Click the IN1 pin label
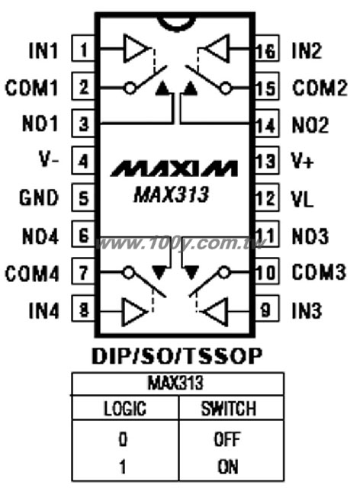(43, 50)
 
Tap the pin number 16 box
(267, 49)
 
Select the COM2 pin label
(320, 88)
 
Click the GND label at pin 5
(39, 197)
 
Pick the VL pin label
(302, 199)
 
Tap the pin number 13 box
(267, 161)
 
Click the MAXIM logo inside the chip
(175, 169)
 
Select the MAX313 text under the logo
(171, 195)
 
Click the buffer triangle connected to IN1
(135, 49)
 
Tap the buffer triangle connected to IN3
(216, 312)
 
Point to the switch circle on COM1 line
(130, 88)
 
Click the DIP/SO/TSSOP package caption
(177, 356)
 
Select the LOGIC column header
(125, 409)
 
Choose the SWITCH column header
(229, 409)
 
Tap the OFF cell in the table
(227, 439)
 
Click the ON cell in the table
(228, 467)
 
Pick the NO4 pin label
(40, 236)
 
